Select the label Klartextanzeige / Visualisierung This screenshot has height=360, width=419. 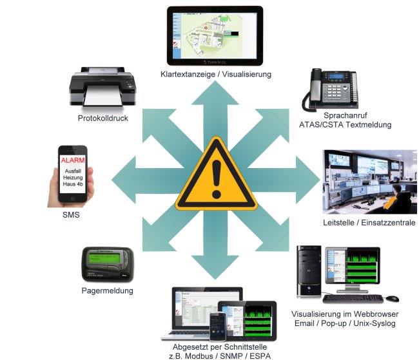pyautogui.click(x=216, y=74)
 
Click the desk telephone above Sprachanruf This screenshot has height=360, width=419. pyautogui.click(x=329, y=90)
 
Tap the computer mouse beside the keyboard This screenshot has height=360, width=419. pyautogui.click(x=393, y=298)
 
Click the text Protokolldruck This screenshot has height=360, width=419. pyautogui.click(x=102, y=118)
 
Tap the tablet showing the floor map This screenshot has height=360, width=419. pyautogui.click(x=215, y=35)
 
